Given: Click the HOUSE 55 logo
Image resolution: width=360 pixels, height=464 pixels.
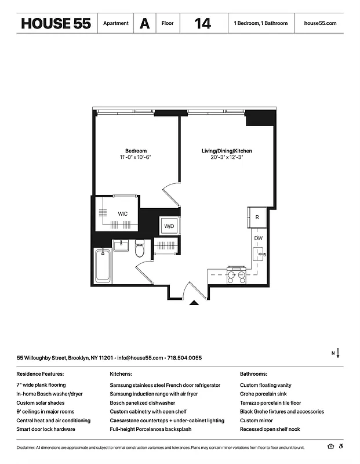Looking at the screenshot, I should point(55,24).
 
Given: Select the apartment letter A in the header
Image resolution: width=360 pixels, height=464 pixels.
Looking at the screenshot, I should point(144,24).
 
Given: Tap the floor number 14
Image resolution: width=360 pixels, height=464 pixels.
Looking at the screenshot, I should point(202,24).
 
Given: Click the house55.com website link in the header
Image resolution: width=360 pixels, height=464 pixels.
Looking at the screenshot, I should point(319,24).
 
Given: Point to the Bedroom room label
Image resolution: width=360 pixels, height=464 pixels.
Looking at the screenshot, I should point(136,151).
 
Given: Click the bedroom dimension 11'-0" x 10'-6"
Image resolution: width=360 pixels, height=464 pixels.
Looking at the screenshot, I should point(136,157).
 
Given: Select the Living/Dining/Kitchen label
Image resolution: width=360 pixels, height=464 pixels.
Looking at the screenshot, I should point(227,151).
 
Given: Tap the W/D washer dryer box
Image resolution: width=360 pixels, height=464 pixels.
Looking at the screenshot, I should point(169,226).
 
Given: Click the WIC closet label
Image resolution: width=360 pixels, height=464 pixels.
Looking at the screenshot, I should point(123,214).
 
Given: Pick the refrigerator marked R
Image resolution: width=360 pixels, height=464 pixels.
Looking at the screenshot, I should point(257,217).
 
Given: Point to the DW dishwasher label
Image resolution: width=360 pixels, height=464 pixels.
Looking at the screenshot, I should point(258,238).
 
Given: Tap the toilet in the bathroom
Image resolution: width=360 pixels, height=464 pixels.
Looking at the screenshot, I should point(139,250).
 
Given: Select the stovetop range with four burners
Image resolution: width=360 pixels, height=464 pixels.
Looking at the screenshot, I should point(236,277).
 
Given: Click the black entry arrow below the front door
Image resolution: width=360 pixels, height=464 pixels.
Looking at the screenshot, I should point(195,302).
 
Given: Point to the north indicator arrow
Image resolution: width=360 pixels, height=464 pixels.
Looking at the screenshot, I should point(337,353).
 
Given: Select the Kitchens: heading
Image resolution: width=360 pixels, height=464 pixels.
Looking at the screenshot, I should point(121,374).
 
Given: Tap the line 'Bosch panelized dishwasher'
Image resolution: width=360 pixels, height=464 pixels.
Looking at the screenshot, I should point(142,403).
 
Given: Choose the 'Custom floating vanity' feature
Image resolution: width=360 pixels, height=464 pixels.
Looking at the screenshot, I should point(266,385).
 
